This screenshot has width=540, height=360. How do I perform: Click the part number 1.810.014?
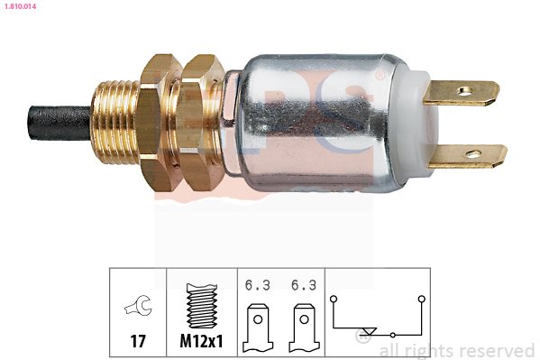pos(20,5)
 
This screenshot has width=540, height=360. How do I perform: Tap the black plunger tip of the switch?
pos(59,123)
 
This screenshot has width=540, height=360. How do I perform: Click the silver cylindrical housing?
pos(316,123)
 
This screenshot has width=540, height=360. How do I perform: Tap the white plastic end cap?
pos(422,123)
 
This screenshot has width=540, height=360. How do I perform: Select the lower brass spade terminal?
pos(468,156)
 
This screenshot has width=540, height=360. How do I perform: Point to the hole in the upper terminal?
pos(464,91)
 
